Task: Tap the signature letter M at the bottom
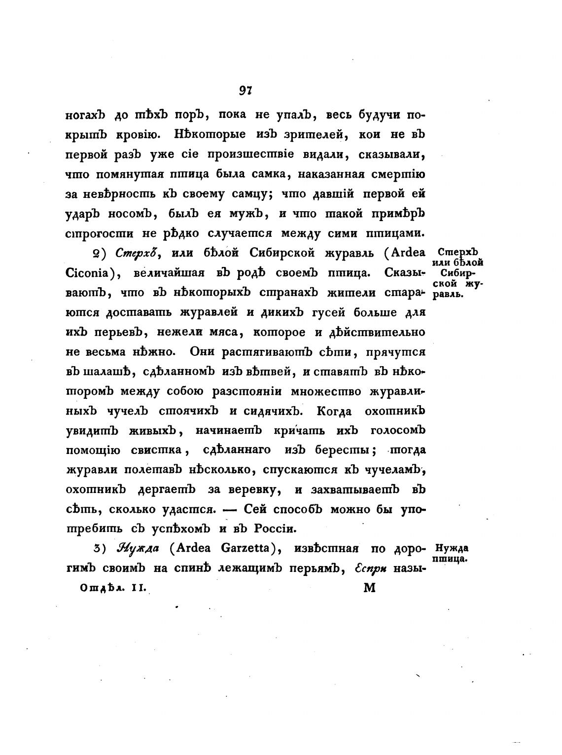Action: click(x=369, y=588)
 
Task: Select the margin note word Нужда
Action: click(x=452, y=548)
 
